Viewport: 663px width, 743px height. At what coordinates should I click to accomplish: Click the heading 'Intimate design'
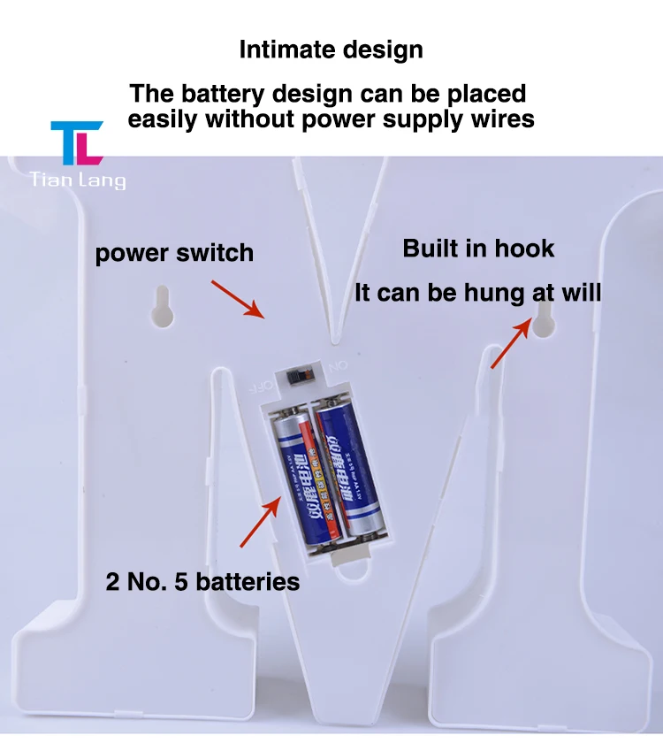pyautogui.click(x=331, y=50)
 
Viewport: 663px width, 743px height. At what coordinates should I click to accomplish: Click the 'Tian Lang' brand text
pyautogui.click(x=78, y=180)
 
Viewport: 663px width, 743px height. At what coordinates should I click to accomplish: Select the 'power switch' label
pyautogui.click(x=174, y=253)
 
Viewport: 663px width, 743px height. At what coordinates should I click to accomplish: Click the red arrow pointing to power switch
pyautogui.click(x=238, y=299)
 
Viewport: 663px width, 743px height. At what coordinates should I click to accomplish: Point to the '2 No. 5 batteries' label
pyautogui.click(x=202, y=581)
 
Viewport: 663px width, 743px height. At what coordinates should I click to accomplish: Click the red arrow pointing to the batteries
pyautogui.click(x=262, y=522)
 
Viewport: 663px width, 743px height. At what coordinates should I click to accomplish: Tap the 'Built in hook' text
pyautogui.click(x=478, y=249)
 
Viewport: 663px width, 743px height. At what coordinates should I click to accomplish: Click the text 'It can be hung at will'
pyautogui.click(x=477, y=293)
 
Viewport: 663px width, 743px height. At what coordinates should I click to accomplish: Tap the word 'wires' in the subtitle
pyautogui.click(x=499, y=119)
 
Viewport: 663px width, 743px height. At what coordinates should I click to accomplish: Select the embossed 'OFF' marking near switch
pyautogui.click(x=259, y=387)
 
